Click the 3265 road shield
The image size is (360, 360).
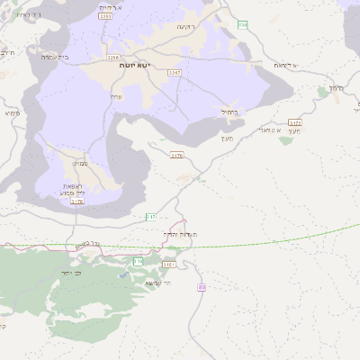pyautogui.click(x=106, y=16)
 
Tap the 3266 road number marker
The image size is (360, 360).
pyautogui.click(x=112, y=57)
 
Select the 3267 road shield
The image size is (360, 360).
pyautogui.click(x=175, y=72)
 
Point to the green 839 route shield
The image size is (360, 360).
pyautogui.click(x=243, y=25)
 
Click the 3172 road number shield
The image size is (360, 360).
pyautogui.click(x=294, y=121)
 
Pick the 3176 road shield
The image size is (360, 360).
pyautogui.click(x=176, y=156)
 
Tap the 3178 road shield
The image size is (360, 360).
pyautogui.click(x=77, y=202)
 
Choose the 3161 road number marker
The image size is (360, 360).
pyautogui.click(x=169, y=265)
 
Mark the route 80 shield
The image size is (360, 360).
pyautogui.click(x=202, y=286)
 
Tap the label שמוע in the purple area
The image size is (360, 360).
pyautogui.click(x=80, y=164)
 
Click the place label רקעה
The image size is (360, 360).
pyautogui.click(x=185, y=28)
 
